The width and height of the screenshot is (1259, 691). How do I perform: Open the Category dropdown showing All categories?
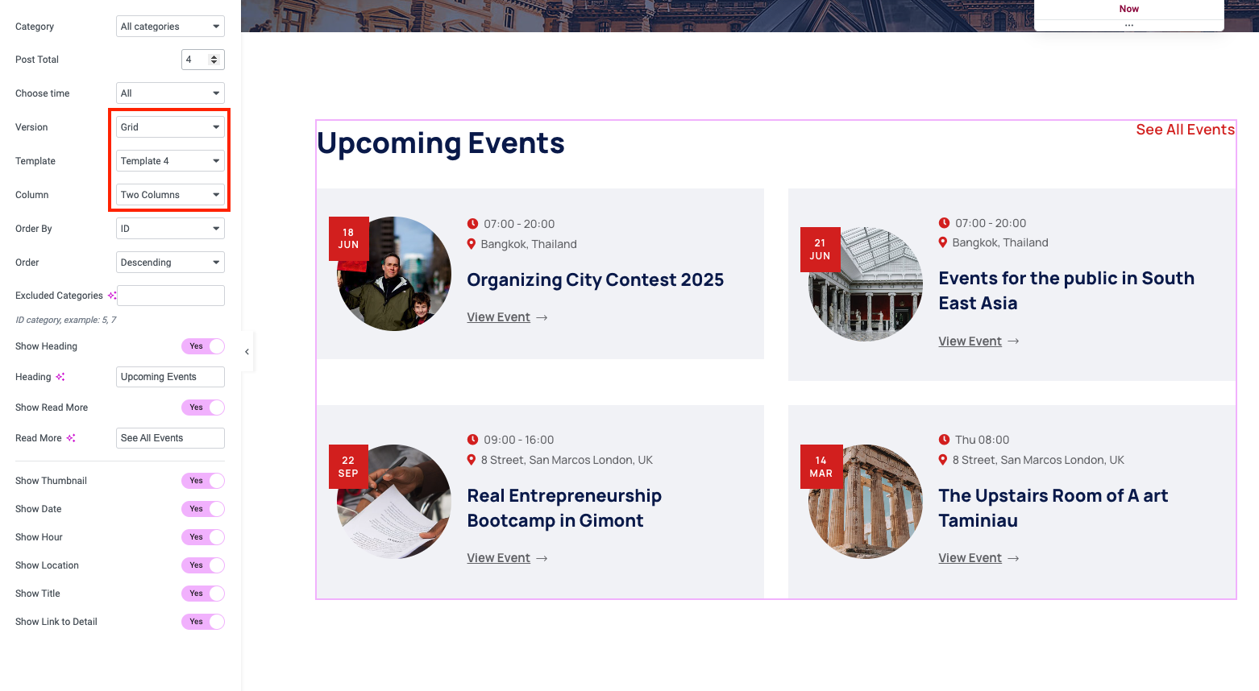coord(170,27)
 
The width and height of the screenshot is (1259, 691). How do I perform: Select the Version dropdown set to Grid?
coord(170,127)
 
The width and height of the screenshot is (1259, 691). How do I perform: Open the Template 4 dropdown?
coord(170,161)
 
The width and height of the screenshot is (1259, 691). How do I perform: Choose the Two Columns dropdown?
coord(170,194)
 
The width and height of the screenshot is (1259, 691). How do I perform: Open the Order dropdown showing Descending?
coord(170,263)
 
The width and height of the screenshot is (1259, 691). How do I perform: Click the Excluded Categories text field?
coord(171,296)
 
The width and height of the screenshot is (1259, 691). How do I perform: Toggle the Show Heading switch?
coord(203,346)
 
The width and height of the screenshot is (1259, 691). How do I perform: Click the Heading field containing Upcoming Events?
coord(170,377)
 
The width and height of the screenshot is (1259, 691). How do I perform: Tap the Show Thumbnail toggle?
coord(203,480)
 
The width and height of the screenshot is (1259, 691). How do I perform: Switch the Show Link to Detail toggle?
coord(203,622)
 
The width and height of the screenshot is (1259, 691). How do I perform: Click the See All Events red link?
coord(1186,129)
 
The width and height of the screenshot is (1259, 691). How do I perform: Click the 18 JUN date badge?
coord(348,238)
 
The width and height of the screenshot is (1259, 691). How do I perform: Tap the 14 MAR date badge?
coord(821,467)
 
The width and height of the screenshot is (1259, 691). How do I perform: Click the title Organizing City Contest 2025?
coord(595,279)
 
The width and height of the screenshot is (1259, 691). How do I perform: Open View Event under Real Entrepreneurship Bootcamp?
coord(507,558)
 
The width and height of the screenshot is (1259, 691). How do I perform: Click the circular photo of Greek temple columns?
coord(866,502)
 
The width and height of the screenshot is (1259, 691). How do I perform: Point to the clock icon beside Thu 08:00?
coord(945,439)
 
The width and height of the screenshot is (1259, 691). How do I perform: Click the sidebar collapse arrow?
coord(247,352)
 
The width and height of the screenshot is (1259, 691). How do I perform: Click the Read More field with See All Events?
coord(170,438)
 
